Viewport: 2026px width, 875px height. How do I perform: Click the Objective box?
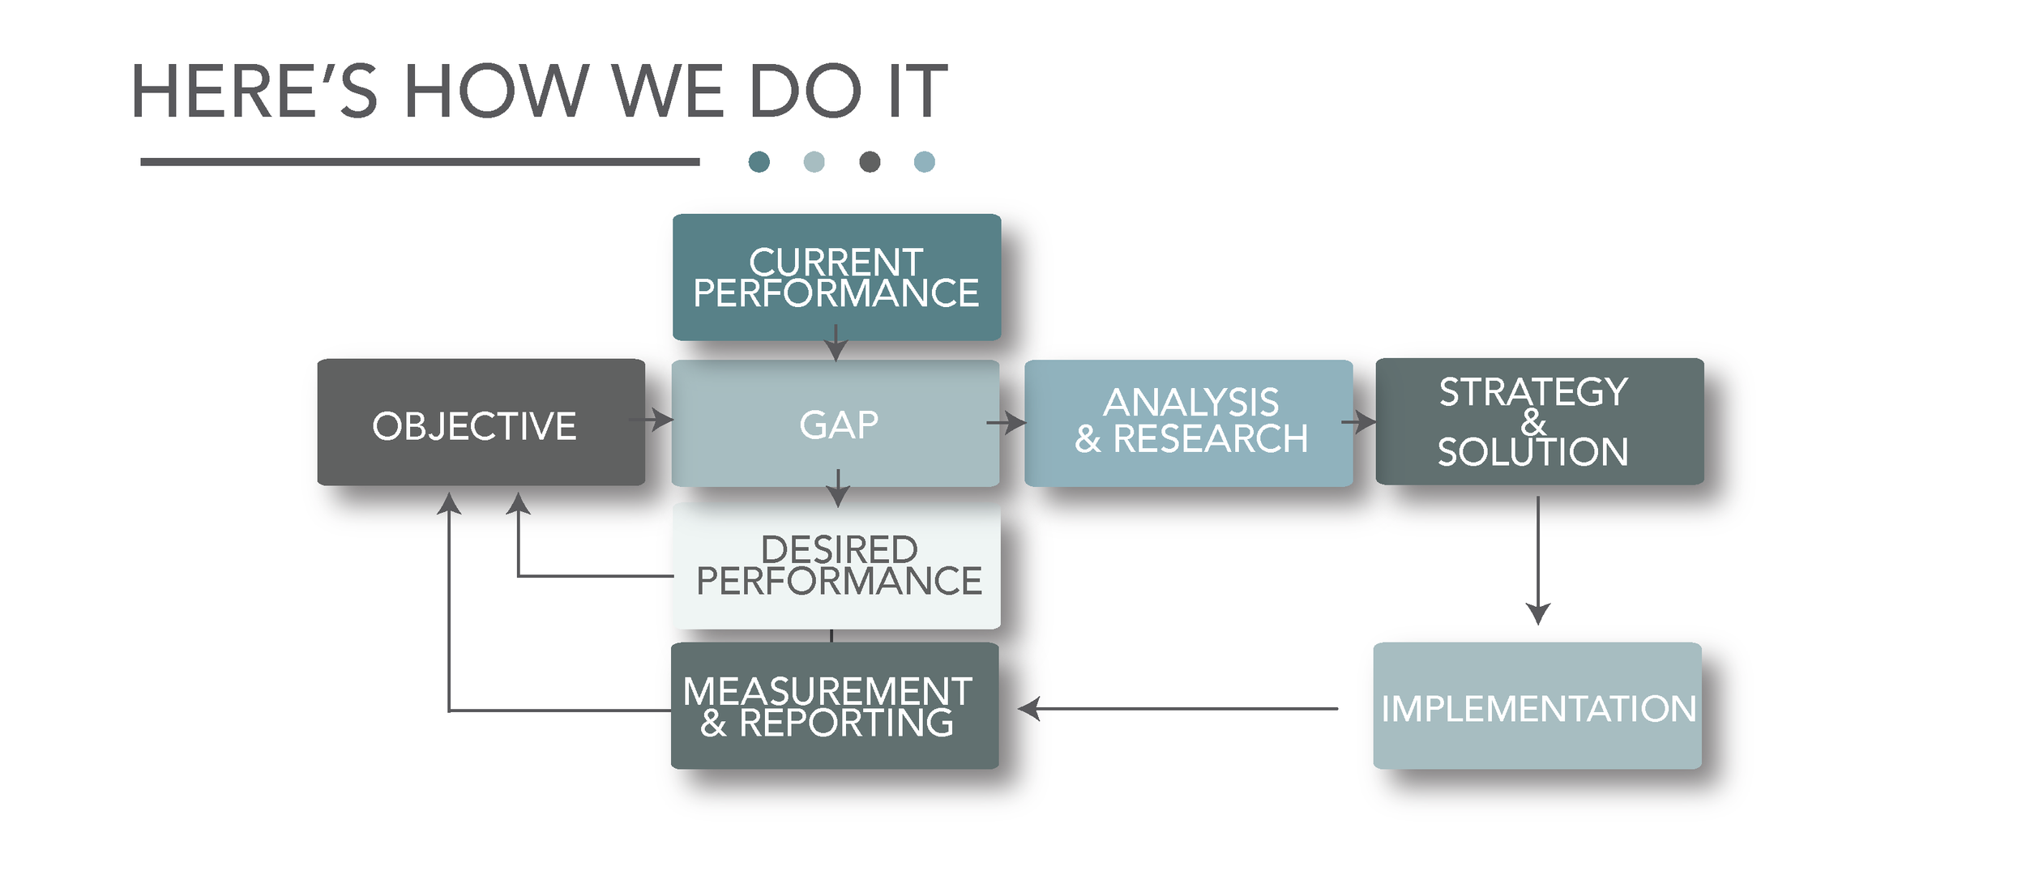point(481,422)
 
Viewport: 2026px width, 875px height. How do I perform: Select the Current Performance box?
point(836,276)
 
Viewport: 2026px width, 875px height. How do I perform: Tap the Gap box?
point(836,423)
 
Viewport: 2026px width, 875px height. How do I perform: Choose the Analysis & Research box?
point(1188,423)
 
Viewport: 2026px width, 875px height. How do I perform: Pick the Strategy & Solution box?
point(1539,421)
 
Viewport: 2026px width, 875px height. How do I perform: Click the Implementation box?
point(1537,706)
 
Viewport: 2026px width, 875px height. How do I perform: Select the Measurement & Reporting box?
point(834,706)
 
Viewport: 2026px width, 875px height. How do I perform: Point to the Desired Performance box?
point(836,566)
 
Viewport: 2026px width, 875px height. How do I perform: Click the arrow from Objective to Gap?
point(652,420)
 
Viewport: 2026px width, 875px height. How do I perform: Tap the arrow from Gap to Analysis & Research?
point(1007,422)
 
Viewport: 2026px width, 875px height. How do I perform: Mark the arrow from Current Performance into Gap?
point(836,344)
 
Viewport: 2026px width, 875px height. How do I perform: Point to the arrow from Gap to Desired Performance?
point(838,488)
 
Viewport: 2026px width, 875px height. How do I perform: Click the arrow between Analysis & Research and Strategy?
point(1359,422)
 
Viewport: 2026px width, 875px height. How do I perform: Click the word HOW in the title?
point(495,91)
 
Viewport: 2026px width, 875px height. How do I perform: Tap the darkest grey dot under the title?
point(870,162)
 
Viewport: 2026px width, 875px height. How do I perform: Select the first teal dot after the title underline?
point(759,162)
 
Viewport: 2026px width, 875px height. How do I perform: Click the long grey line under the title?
point(420,162)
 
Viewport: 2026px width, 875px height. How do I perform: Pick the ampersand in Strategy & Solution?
point(1532,422)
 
